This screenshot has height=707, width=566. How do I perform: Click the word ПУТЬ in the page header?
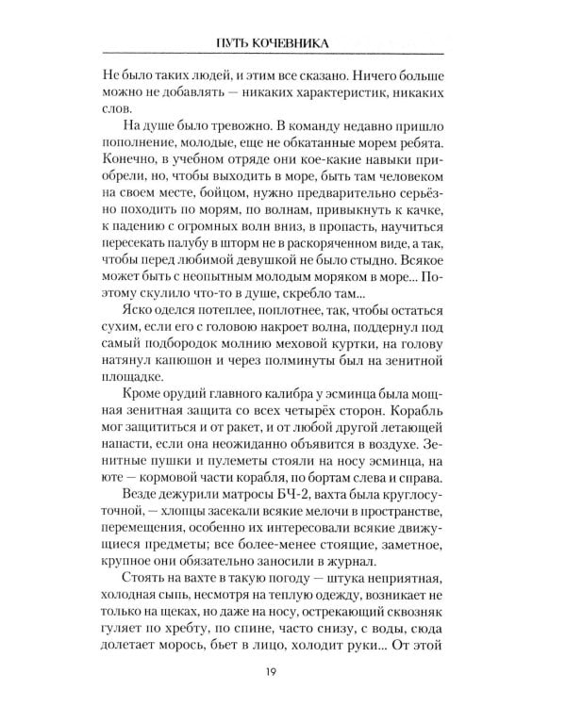238,41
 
